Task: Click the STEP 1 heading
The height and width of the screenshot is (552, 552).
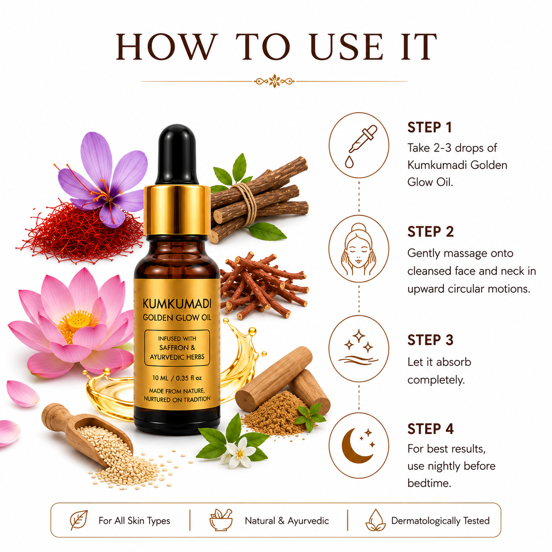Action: [429, 128]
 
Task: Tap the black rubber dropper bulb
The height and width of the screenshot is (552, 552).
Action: [177, 155]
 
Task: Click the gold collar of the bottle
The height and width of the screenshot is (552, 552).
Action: [177, 210]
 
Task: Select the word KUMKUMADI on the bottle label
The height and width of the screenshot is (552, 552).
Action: [177, 304]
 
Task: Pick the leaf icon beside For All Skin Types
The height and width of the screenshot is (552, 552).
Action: [78, 520]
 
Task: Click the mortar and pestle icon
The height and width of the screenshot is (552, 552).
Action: [221, 520]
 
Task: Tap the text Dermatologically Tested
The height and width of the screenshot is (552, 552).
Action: [440, 520]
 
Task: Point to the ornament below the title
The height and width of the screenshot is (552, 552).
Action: [274, 81]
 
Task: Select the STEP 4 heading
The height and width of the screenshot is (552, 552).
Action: [431, 429]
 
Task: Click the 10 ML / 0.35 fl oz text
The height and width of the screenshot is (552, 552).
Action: [177, 378]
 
